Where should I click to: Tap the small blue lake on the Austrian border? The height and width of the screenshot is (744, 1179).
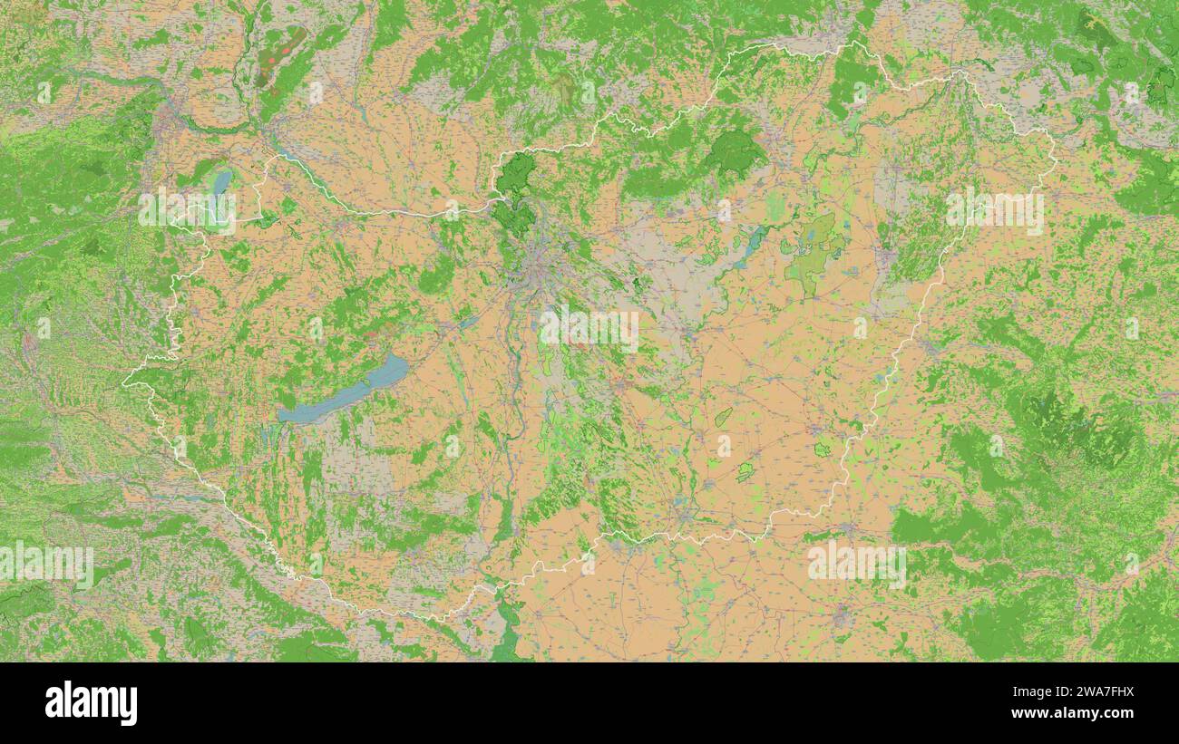[x=220, y=184]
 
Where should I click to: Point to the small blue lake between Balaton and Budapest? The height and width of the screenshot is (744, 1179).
[x=468, y=321]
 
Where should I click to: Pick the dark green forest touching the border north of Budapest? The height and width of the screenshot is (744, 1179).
[x=516, y=171]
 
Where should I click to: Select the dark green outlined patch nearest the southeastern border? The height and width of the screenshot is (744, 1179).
[x=822, y=449]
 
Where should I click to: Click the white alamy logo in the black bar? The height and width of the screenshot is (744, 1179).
[x=91, y=703]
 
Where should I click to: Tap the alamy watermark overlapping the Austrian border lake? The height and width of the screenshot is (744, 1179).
[x=187, y=209]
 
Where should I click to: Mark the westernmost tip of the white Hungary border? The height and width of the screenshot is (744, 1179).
[x=123, y=383]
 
